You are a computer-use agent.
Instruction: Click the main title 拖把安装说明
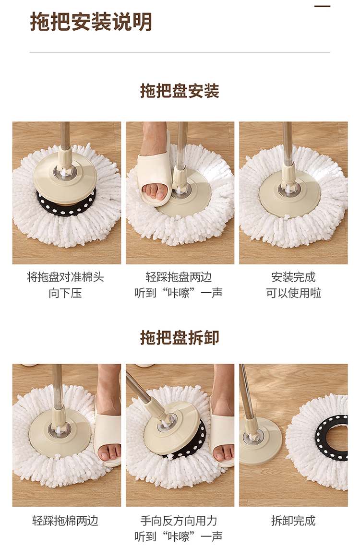(x=91, y=22)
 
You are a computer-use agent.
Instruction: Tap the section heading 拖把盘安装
(x=180, y=91)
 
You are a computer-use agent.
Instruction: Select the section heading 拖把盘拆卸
(x=180, y=337)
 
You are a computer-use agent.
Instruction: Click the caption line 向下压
(x=65, y=293)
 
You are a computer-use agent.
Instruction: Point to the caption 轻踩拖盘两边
(x=179, y=277)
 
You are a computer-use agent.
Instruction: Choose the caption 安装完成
(x=293, y=277)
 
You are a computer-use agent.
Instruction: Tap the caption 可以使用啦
(x=293, y=293)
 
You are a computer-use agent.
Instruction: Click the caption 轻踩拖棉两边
(x=65, y=521)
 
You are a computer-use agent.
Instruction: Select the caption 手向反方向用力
(x=179, y=521)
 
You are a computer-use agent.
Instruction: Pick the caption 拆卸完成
(x=293, y=521)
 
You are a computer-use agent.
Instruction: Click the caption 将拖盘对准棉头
(x=65, y=277)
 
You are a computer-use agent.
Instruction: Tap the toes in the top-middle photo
(x=154, y=190)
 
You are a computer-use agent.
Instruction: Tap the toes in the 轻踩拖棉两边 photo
(x=108, y=453)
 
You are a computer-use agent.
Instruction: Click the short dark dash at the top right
(x=323, y=6)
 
